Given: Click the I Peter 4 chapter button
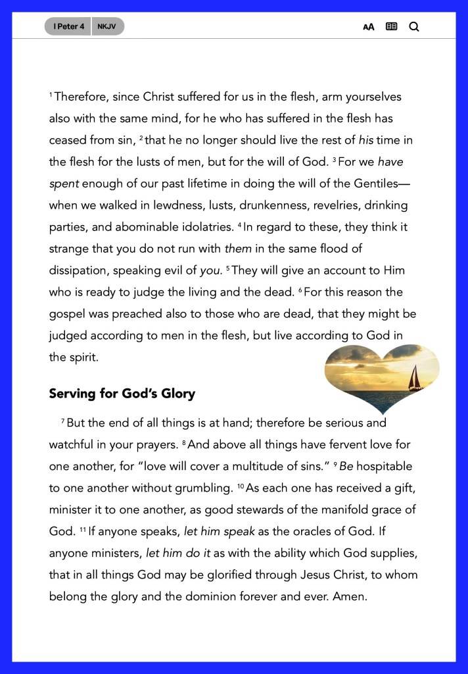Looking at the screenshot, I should (68, 26).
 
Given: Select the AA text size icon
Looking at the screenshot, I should (369, 27).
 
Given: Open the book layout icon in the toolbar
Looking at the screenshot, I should (392, 27).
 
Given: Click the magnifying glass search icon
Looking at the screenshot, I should (414, 27).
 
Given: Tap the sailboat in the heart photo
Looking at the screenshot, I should (415, 378).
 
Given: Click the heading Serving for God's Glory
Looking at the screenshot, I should (122, 394).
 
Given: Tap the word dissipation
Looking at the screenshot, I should (80, 271).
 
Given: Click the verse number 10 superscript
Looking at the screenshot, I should (241, 486).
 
